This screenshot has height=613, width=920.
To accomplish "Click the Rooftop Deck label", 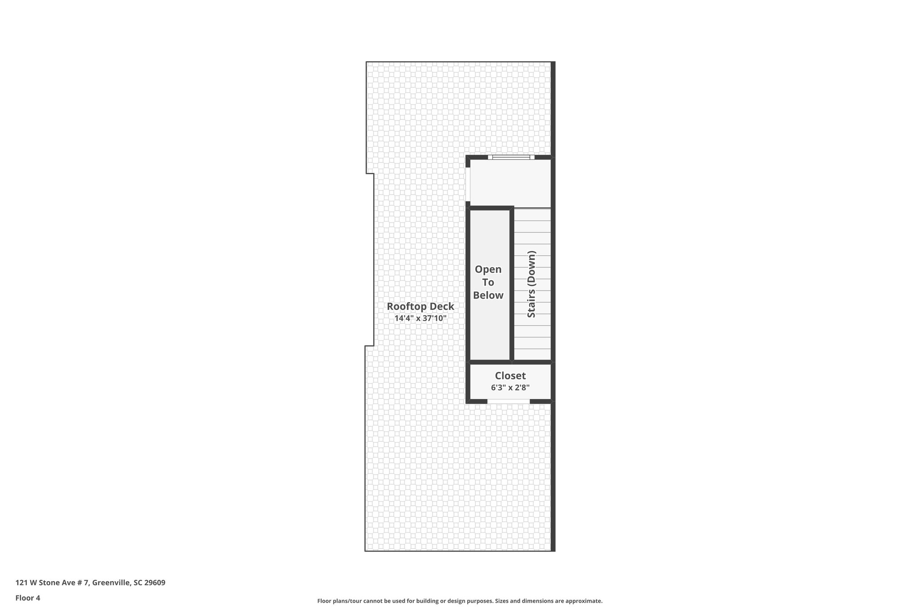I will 420,306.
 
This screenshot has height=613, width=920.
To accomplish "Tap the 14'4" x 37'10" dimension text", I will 420,318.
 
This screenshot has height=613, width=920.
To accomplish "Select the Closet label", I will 510,376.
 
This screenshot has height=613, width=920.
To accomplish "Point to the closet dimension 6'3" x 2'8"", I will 510,388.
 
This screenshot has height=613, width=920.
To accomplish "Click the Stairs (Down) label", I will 531,284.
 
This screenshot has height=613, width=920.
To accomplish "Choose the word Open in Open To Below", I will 488,269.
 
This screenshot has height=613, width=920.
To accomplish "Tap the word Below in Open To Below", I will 488,295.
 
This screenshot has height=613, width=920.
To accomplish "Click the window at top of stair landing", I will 511,157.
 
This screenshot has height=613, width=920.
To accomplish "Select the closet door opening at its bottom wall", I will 509,401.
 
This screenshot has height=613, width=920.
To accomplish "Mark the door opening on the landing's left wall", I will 468,185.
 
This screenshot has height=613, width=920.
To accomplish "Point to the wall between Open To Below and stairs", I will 512,284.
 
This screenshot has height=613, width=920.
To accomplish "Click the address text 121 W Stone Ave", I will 52,583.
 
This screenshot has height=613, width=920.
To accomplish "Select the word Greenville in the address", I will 111,583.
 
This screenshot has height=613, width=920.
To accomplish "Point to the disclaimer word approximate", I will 584,601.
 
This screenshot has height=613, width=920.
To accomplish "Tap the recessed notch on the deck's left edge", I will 370,260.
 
